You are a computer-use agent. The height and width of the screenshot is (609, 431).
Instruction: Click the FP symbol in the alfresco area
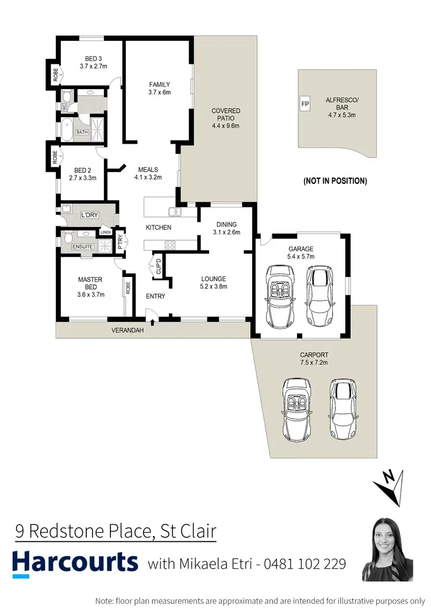(305, 105)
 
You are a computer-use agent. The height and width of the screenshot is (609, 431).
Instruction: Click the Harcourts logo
(75, 563)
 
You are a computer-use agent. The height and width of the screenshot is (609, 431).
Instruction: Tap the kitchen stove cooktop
(170, 245)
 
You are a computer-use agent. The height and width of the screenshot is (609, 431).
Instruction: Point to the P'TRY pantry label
(120, 241)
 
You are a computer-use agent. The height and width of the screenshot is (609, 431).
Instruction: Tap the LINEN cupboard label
(106, 232)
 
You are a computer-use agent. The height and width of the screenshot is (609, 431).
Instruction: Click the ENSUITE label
(83, 246)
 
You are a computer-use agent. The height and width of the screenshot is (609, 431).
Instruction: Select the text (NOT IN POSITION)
(335, 181)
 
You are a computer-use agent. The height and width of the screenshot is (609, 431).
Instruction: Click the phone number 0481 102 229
(305, 564)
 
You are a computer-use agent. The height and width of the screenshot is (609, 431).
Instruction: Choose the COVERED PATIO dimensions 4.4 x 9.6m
(226, 126)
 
